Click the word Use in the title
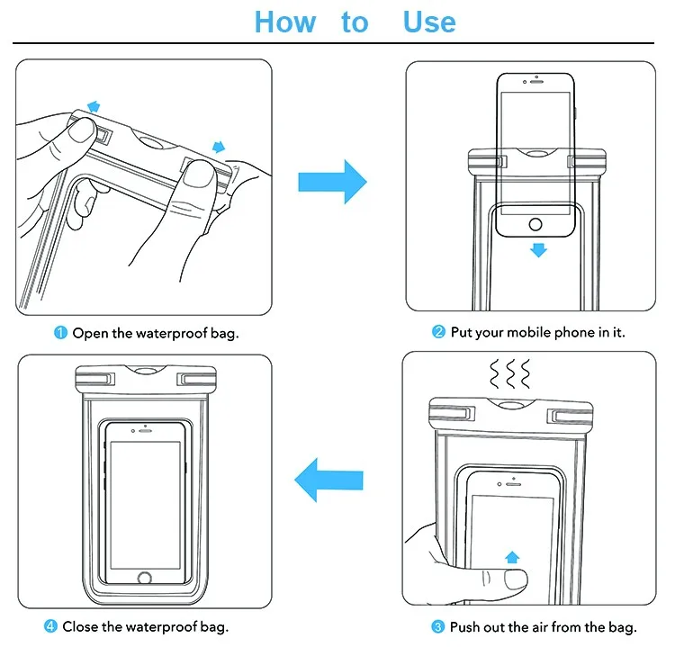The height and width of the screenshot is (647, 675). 429,22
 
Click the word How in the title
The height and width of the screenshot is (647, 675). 284,22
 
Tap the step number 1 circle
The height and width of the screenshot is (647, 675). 61,333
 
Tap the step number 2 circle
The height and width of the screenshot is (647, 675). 439,333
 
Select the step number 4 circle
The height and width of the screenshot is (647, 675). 50,626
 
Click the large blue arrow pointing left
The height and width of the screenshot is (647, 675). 328,480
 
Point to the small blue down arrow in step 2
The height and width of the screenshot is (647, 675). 538,249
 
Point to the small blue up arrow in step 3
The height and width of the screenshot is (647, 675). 512,556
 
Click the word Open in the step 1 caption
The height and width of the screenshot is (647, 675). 90,333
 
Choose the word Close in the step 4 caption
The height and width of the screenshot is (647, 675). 81,626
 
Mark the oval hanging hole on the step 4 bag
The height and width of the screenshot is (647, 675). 146,371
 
